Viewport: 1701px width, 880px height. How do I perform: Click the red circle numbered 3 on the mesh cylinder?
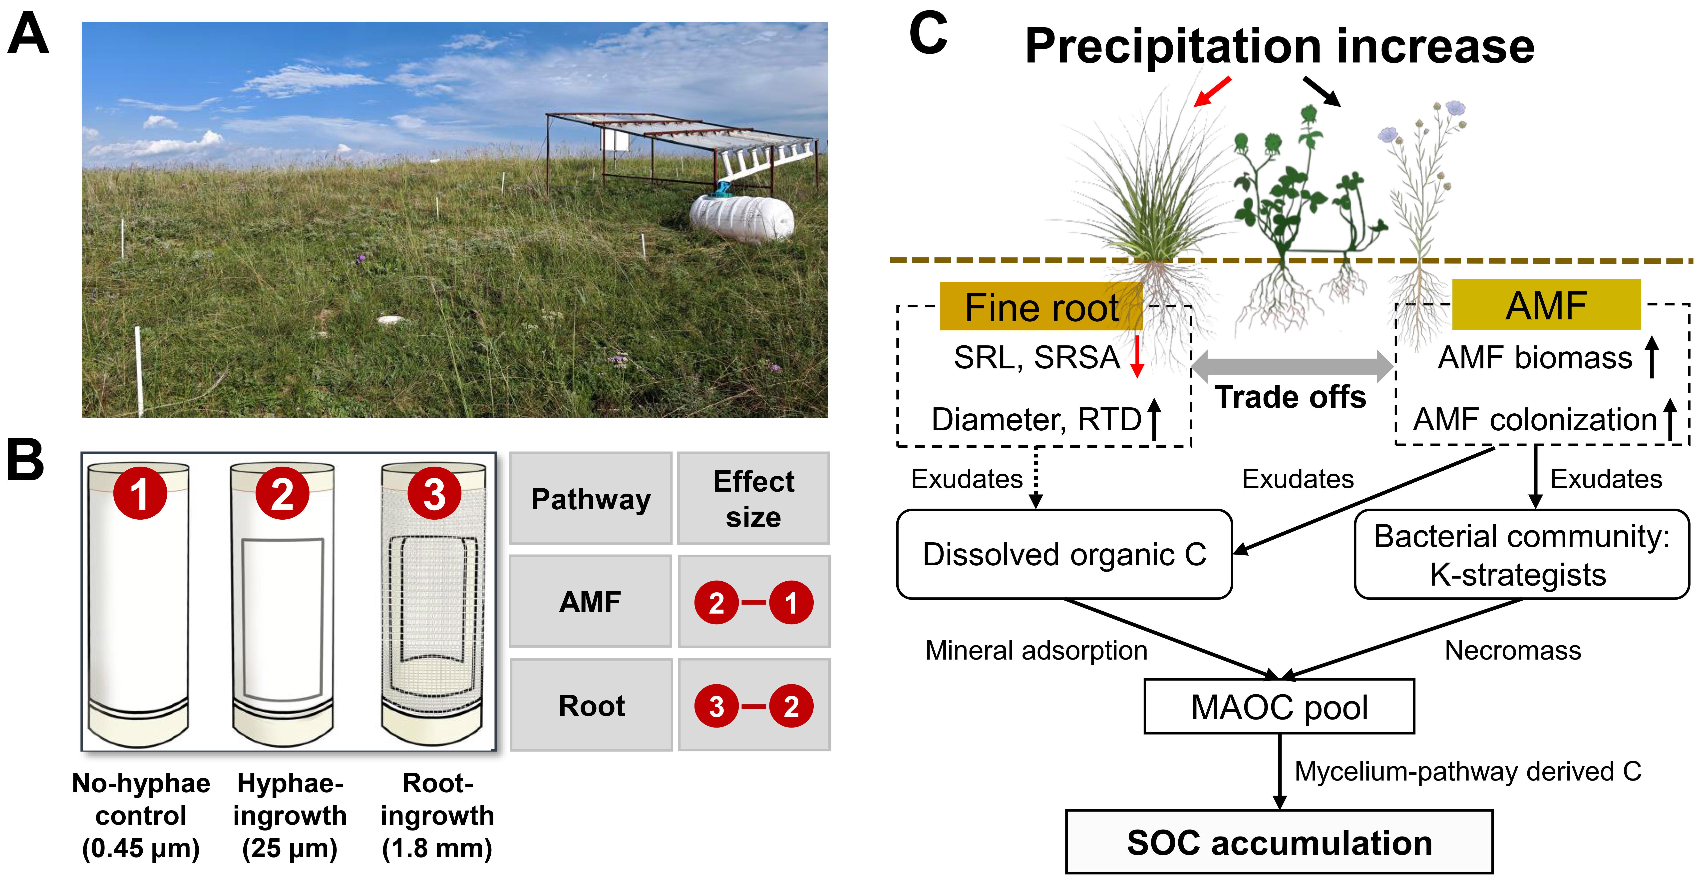click(x=434, y=493)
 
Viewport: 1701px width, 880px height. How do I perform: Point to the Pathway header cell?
click(x=591, y=499)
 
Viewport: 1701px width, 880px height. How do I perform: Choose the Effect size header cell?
click(x=753, y=499)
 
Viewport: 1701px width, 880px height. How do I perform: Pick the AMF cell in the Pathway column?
click(x=591, y=602)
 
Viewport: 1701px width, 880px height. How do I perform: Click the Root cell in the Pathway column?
click(x=591, y=706)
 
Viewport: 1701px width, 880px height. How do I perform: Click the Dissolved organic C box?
click(x=1064, y=554)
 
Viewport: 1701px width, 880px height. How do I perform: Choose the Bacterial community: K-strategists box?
click(x=1521, y=554)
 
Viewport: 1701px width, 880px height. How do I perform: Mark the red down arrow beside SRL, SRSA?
click(x=1136, y=357)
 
